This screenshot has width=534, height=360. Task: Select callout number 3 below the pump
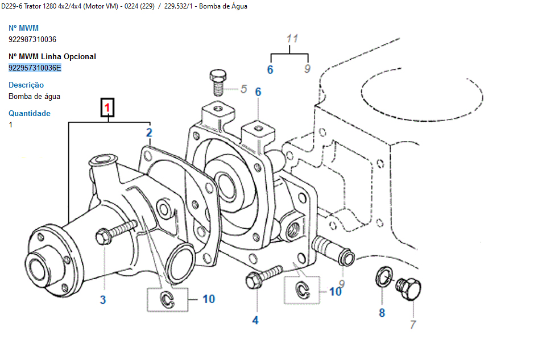point(103,300)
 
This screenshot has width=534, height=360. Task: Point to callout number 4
point(255,321)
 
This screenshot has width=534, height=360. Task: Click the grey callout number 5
point(244,89)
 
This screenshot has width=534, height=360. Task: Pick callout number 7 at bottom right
point(413,325)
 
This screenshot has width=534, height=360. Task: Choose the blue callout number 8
point(382,312)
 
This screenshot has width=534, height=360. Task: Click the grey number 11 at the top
point(292,39)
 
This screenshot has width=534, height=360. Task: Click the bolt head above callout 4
point(252,280)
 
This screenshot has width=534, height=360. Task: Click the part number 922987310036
point(32,40)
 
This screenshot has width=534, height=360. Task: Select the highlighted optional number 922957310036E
point(35,68)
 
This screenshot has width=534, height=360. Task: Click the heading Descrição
point(26,85)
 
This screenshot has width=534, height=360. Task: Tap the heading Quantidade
point(30,114)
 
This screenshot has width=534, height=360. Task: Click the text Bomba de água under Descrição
point(34,97)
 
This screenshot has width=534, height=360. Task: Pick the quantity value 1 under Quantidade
point(11,125)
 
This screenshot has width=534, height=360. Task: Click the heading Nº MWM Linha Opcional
point(52,57)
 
